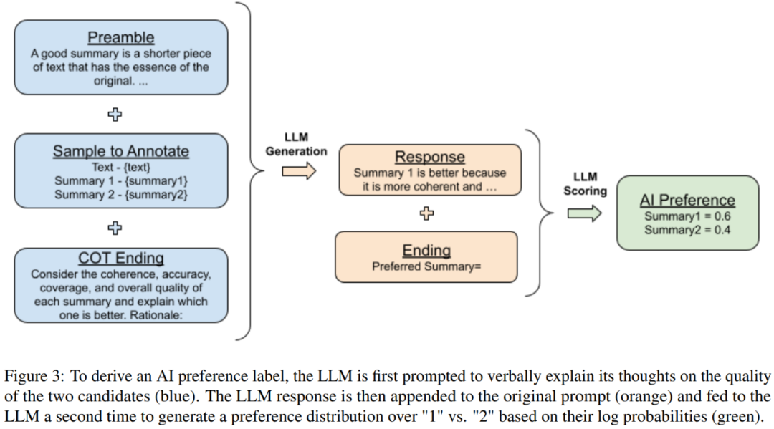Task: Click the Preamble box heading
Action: point(121,37)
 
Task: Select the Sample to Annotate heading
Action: point(121,151)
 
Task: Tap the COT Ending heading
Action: point(121,259)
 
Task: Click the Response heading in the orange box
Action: point(430,157)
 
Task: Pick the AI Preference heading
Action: point(687,200)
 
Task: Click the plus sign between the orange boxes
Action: point(427,213)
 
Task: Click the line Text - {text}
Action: point(120,167)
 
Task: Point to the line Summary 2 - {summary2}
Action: point(120,193)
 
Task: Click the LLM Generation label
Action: point(296,145)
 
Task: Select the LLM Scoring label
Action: point(585,184)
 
